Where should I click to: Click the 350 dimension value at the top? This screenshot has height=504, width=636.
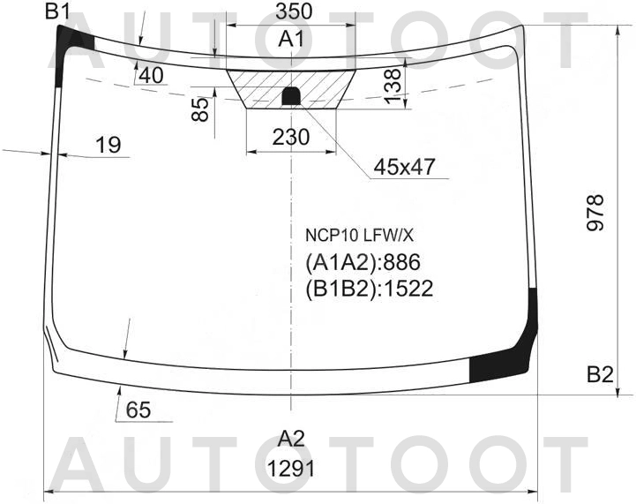tap(294, 11)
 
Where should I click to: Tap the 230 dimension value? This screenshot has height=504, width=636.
tap(291, 137)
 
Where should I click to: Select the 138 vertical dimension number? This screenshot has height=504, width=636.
tap(393, 86)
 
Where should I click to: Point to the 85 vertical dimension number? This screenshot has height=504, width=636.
tap(200, 109)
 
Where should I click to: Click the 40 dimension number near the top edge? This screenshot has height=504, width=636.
tap(152, 75)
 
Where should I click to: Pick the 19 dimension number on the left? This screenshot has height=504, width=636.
tap(108, 145)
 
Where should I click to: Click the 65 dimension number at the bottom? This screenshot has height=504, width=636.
tap(138, 410)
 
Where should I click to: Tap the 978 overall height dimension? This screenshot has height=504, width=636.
tap(595, 213)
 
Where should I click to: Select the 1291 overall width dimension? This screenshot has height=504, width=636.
tap(291, 470)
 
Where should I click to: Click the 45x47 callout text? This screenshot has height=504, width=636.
tap(404, 166)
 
